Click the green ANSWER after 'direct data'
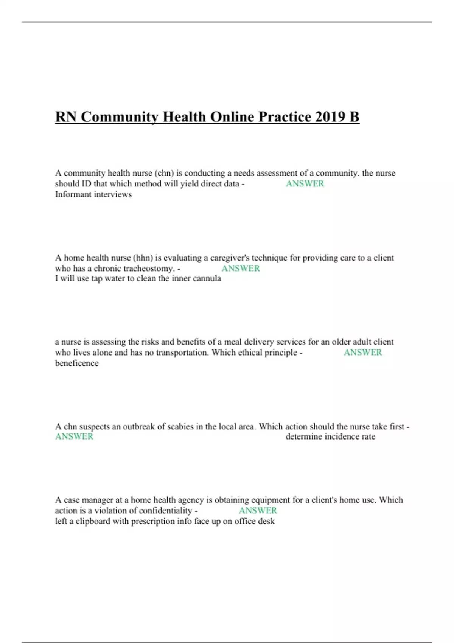pos(305,184)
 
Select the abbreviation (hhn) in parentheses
pos(143,258)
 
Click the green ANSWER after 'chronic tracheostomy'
pos(241,269)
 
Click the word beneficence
pos(77,363)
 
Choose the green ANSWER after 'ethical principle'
pos(363,353)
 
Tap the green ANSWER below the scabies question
pos(74,436)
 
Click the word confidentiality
pos(166,511)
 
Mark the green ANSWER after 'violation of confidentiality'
pos(258,511)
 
